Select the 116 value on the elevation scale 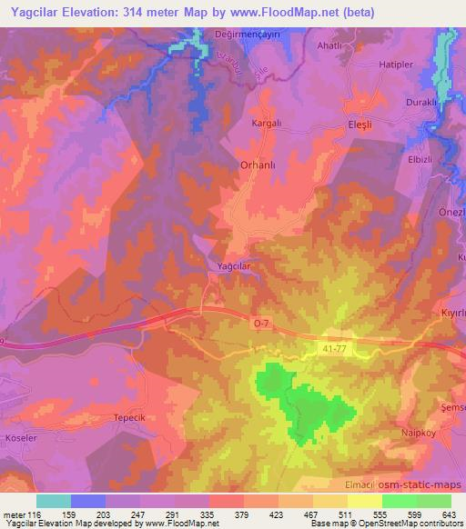tap(35, 515)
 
